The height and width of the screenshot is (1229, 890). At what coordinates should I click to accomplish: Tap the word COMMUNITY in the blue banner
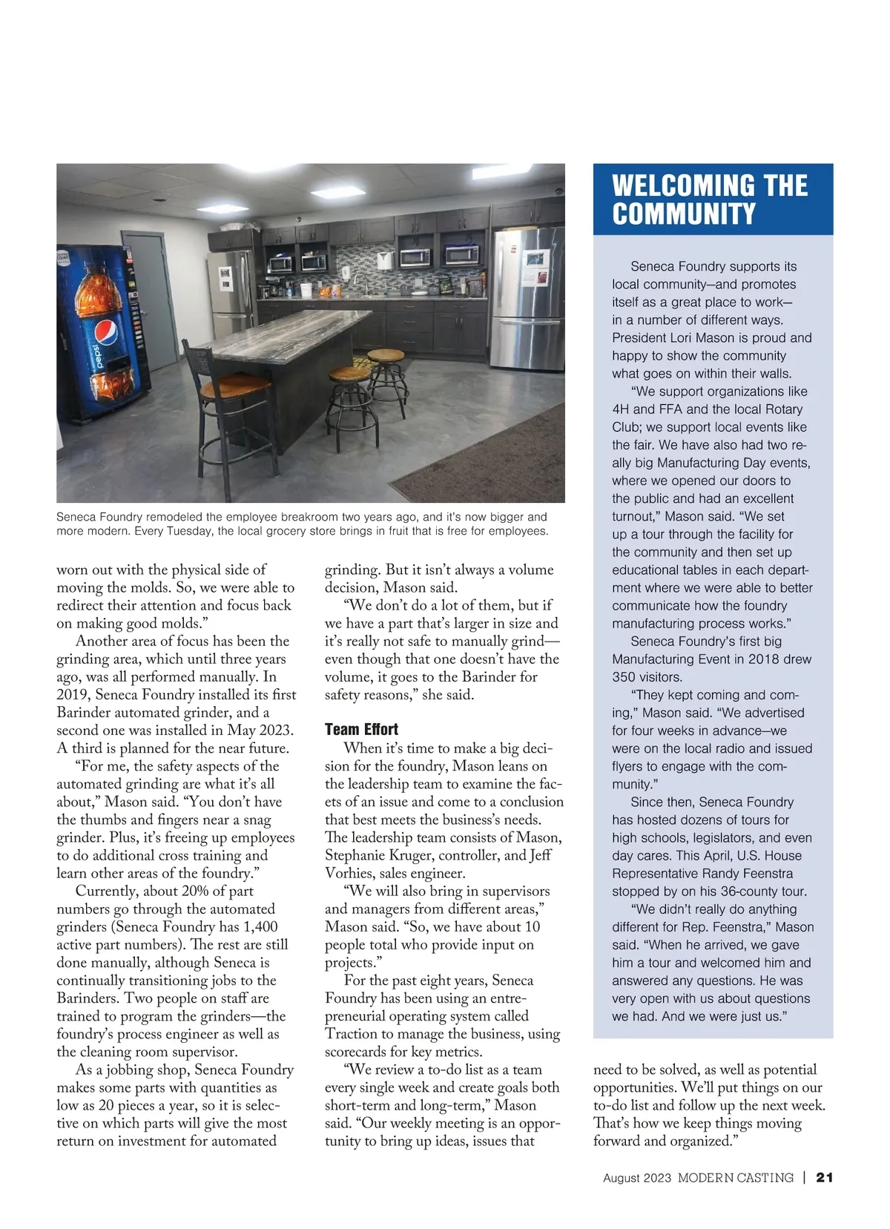point(683,214)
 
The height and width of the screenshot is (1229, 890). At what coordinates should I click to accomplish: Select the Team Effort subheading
point(361,729)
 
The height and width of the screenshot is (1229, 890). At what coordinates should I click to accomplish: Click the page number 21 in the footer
point(825,1177)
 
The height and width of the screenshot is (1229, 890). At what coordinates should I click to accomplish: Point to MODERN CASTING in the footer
point(735,1177)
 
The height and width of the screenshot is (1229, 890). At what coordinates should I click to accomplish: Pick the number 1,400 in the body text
point(260,926)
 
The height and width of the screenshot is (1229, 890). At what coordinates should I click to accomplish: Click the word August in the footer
point(622,1177)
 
